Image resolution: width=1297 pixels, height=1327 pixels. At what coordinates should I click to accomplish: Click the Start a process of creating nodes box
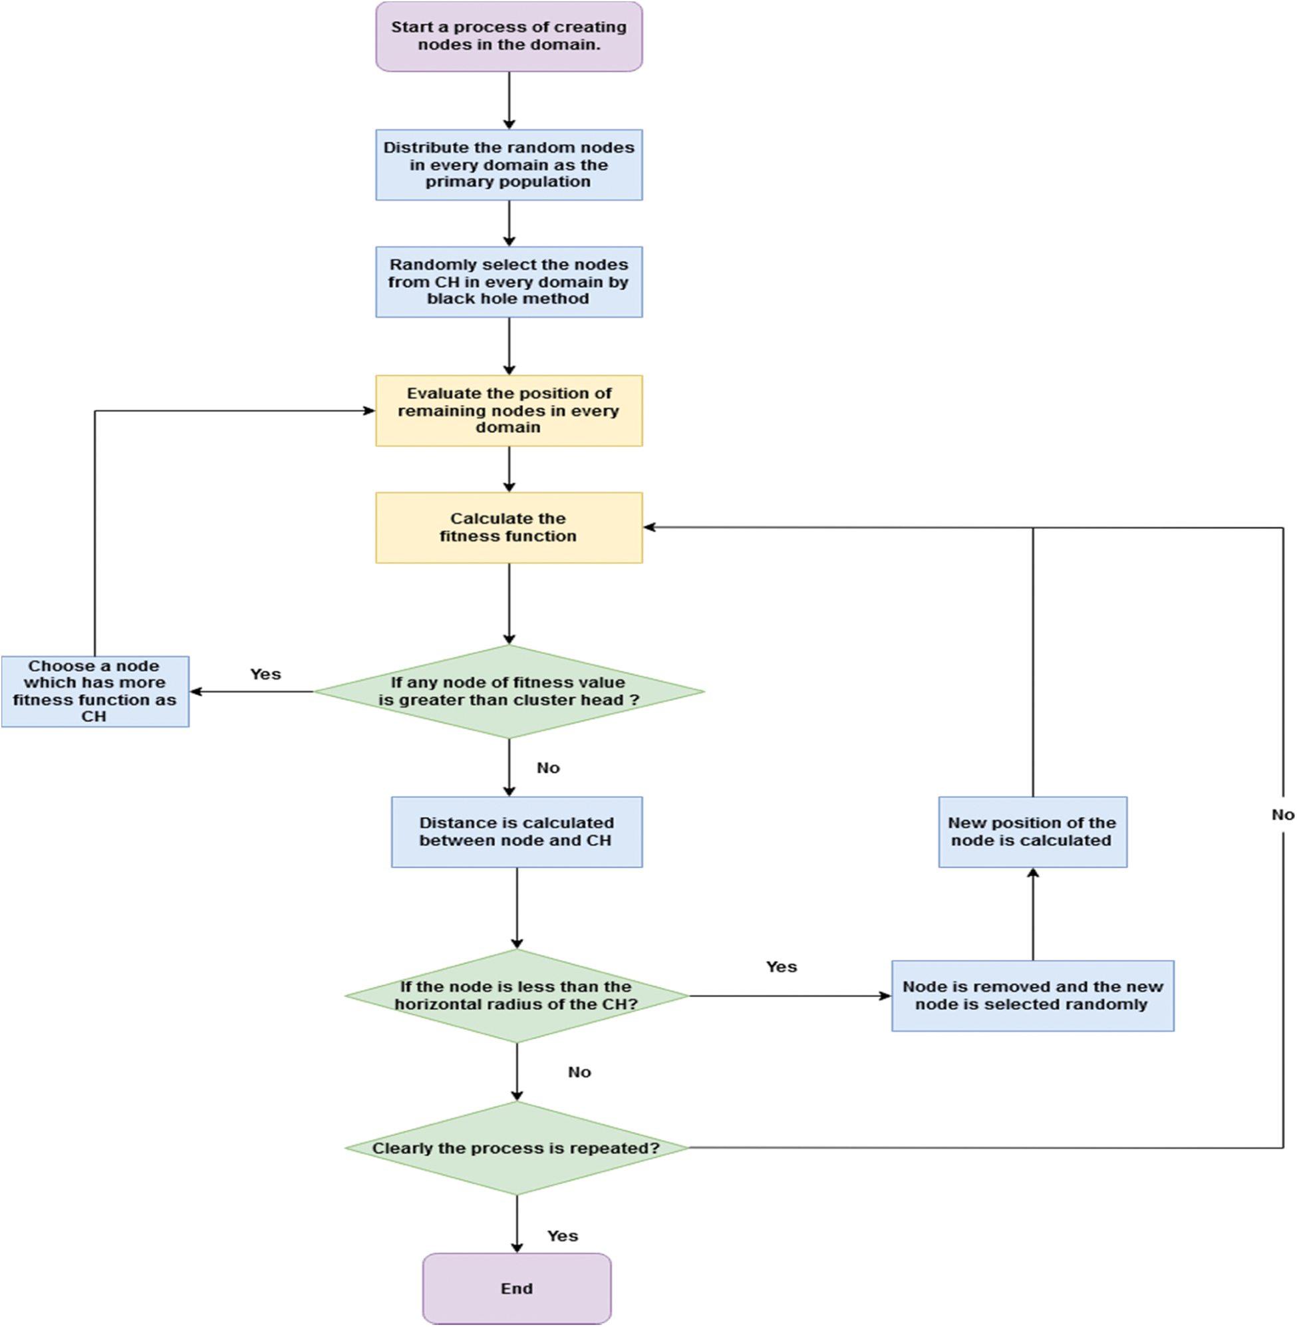coord(509,36)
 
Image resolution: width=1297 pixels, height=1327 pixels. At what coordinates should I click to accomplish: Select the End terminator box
coord(516,1288)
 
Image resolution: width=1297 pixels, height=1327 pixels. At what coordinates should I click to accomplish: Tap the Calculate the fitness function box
coord(509,527)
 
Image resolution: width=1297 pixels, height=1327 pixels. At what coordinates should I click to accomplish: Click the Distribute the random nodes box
coord(509,165)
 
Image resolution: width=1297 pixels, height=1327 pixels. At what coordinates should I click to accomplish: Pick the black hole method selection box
coord(509,282)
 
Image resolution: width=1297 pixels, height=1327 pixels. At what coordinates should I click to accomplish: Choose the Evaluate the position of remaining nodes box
coord(509,411)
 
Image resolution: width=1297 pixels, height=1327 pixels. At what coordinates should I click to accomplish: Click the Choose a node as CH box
coord(94,691)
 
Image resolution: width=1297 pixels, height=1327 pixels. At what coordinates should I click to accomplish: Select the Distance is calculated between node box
coord(516,831)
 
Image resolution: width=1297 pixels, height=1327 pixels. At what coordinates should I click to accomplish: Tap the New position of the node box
coord(1033,831)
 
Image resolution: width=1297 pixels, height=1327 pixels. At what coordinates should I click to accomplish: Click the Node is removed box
coord(1033,996)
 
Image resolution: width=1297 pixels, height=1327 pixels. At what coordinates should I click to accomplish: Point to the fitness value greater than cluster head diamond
coord(509,691)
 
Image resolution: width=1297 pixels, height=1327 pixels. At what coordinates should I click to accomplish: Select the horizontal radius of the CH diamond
coord(516,996)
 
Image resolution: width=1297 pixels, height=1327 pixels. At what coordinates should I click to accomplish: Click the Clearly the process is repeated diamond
coord(516,1148)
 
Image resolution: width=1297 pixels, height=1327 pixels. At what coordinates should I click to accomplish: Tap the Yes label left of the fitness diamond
coord(265,674)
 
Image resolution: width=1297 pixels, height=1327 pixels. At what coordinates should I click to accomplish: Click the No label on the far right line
coord(1282,815)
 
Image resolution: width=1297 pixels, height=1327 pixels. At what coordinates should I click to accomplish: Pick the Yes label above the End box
coord(563,1237)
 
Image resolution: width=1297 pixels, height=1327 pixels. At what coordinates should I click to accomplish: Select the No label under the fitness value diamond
coord(548,768)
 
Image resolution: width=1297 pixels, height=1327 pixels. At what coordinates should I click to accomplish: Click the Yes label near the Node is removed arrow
coord(782,967)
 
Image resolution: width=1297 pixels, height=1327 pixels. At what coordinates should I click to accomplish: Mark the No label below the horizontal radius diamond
coord(580,1072)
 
